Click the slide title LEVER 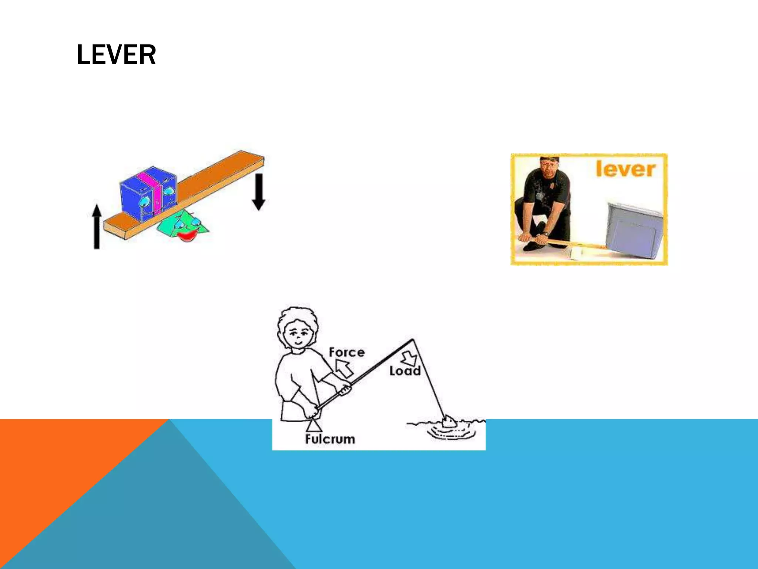point(116,55)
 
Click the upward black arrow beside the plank point(97,226)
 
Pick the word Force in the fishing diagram point(346,352)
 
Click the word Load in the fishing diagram point(405,371)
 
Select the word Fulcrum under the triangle point(330,439)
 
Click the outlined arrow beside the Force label point(344,369)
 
